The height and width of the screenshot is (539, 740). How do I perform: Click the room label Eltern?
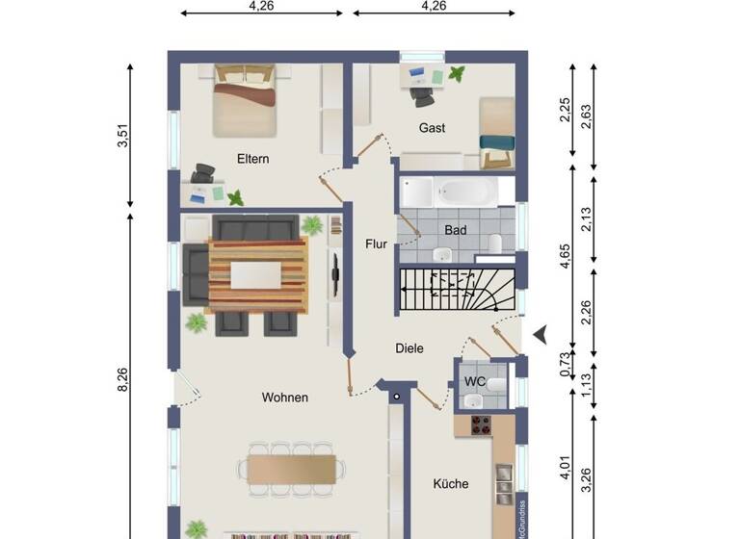(x=253, y=159)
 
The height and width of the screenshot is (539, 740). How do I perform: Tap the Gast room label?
(x=432, y=127)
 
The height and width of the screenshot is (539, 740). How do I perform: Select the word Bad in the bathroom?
(x=455, y=230)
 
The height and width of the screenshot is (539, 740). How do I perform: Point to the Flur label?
(x=376, y=244)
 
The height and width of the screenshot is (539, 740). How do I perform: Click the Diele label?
(x=409, y=348)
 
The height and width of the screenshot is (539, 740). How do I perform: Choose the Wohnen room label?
(x=284, y=397)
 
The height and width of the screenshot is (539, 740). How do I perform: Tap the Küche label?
(x=450, y=483)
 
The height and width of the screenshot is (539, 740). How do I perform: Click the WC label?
(x=475, y=381)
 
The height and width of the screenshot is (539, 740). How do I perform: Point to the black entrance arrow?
(x=541, y=334)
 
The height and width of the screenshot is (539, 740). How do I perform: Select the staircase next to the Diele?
(x=454, y=290)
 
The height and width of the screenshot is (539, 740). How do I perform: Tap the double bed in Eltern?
(x=246, y=100)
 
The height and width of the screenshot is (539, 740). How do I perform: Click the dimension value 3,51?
(x=122, y=137)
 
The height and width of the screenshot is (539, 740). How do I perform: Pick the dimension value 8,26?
(x=122, y=380)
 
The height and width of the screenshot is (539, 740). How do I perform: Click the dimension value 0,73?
(x=566, y=366)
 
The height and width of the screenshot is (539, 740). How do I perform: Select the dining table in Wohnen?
(x=292, y=469)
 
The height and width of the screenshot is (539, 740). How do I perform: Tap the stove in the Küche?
(x=481, y=424)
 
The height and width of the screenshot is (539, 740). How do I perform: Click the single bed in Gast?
(x=495, y=131)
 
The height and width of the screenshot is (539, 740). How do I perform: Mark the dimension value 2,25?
(x=566, y=111)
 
